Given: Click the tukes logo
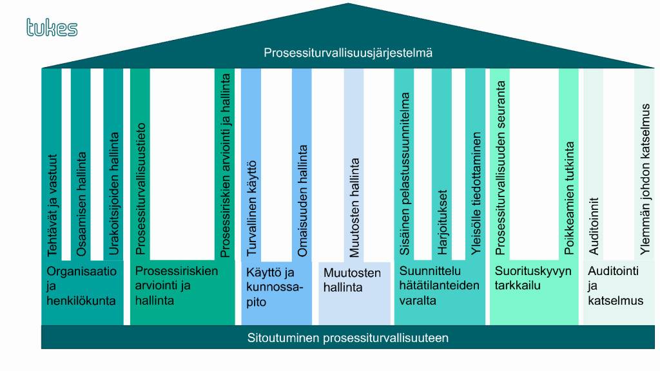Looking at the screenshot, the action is click(x=52, y=27).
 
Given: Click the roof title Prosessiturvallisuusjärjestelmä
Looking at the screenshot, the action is click(x=348, y=53).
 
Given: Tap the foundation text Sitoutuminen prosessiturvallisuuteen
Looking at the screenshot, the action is click(x=347, y=338).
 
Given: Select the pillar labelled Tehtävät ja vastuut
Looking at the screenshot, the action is click(x=52, y=164).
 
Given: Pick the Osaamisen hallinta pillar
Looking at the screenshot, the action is click(x=81, y=164).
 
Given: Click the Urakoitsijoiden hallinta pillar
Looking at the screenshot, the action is click(x=113, y=164).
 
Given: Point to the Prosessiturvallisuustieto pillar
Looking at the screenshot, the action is click(x=140, y=164).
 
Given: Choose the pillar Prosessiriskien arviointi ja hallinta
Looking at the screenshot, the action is click(x=225, y=164).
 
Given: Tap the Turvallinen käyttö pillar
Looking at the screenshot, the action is click(x=251, y=164).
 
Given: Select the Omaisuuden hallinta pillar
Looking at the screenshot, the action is click(x=302, y=164).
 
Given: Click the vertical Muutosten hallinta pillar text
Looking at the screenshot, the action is click(x=354, y=207).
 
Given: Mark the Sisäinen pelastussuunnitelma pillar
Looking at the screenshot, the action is click(x=404, y=164).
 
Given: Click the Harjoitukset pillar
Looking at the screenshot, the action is click(x=442, y=164).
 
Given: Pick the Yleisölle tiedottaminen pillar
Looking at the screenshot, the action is click(x=475, y=164).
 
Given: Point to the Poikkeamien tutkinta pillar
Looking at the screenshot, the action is click(x=568, y=164).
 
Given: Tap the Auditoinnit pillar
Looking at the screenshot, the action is click(x=593, y=164).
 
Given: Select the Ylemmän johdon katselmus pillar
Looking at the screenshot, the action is click(x=645, y=164).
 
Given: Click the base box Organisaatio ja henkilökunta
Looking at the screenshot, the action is click(x=82, y=293).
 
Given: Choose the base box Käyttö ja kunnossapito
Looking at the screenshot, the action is click(x=277, y=293).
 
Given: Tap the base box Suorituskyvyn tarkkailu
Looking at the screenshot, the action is click(x=534, y=293).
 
